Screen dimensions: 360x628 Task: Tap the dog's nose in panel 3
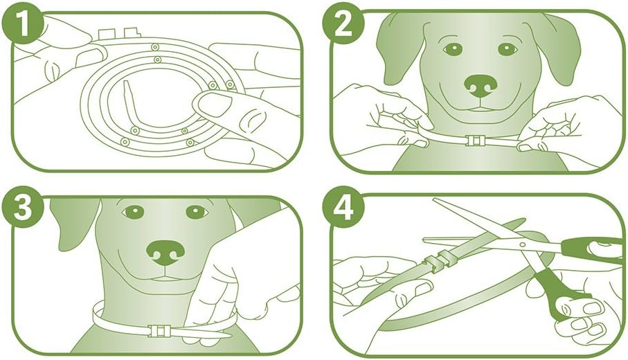pos(165,252)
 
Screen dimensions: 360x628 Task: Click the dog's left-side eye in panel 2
pos(453,49)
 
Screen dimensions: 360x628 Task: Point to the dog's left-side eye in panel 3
pos(133,212)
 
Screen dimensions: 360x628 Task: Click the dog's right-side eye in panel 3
pos(196,212)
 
